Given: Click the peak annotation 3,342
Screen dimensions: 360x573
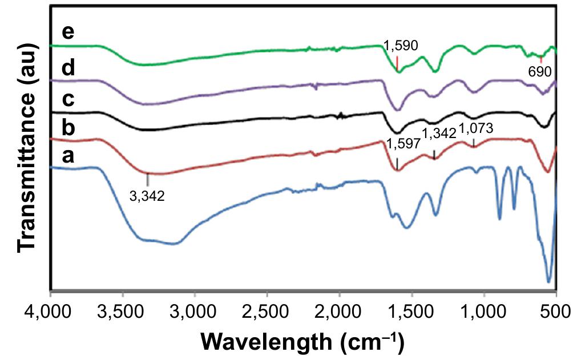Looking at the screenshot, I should [147, 197].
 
